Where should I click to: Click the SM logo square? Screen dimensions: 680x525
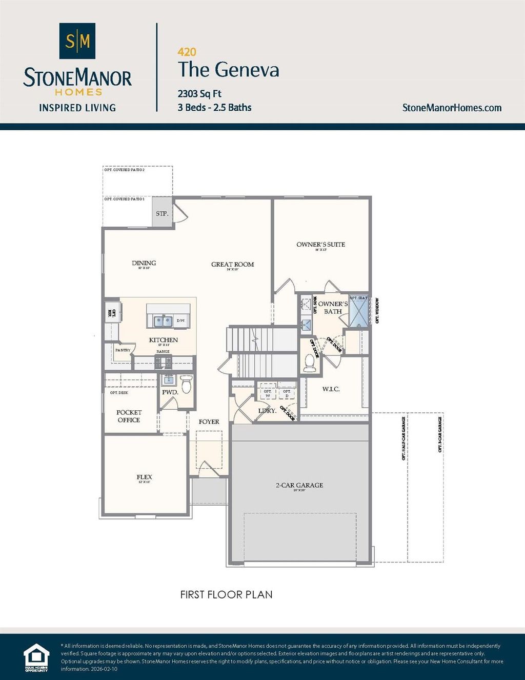tap(77, 41)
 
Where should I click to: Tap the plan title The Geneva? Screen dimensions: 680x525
tap(229, 70)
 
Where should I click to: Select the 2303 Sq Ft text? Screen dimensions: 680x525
tap(199, 94)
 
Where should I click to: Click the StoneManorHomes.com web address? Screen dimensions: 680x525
tap(452, 108)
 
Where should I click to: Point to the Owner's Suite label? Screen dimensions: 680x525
tap(320, 245)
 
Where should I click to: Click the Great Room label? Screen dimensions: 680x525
tap(232, 265)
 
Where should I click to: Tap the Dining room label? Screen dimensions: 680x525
tap(144, 263)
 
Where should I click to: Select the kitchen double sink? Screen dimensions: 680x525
tap(163, 321)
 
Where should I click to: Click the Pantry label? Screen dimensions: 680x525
tap(123, 350)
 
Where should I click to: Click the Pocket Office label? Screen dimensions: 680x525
tap(129, 416)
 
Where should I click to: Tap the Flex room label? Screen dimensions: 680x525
tap(144, 477)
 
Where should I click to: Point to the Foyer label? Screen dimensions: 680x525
tap(209, 422)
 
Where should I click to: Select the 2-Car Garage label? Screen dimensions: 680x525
tap(299, 485)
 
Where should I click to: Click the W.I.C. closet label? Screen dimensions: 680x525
tap(331, 389)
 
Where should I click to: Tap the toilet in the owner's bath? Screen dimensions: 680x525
tap(309, 362)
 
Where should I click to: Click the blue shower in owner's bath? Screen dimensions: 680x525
tap(358, 312)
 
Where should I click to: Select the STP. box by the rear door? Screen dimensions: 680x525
tap(163, 213)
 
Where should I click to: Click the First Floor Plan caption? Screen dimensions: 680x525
tap(226, 594)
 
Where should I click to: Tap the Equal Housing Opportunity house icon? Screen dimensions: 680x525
tap(36, 657)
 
